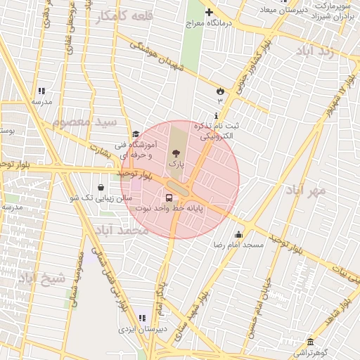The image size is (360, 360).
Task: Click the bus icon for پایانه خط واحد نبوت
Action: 169,197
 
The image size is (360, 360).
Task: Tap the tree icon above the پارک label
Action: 176,152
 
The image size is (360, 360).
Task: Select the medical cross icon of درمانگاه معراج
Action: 208,12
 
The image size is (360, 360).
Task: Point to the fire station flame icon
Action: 220,91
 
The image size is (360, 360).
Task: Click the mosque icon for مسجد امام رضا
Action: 239,235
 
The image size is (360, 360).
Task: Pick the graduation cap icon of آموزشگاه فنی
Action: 135,134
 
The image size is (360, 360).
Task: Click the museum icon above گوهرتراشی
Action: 310,342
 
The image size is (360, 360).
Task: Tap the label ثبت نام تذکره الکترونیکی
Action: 216,131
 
